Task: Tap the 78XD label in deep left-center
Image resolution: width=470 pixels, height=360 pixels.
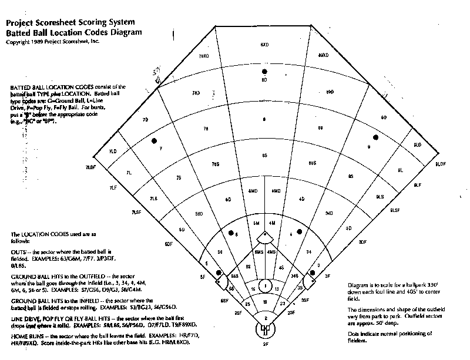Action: [203, 56]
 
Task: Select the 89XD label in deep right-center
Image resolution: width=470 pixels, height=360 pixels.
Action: [322, 55]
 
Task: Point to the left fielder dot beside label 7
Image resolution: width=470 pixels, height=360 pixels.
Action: [155, 140]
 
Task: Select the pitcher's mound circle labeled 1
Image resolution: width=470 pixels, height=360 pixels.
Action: [265, 287]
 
